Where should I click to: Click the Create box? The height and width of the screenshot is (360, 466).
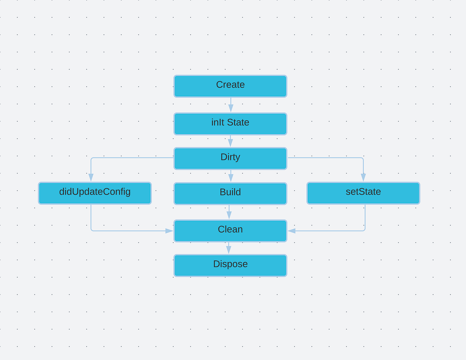(x=230, y=86)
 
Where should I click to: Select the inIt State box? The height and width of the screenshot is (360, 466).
(x=230, y=124)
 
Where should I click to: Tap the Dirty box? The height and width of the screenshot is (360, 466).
(x=230, y=158)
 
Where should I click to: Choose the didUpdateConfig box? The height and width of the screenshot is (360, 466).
(x=95, y=193)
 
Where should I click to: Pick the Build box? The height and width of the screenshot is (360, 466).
(x=230, y=193)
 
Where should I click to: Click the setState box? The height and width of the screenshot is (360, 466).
(x=363, y=193)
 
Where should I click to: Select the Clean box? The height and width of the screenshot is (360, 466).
(x=230, y=231)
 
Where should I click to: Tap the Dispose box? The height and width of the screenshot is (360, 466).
(x=230, y=265)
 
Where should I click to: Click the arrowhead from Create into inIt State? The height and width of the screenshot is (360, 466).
(x=231, y=108)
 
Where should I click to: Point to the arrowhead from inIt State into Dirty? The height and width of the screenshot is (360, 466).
(x=230, y=143)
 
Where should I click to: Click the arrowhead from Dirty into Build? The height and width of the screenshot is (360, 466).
(x=231, y=177)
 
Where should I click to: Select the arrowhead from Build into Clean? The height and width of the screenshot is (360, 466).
(x=229, y=215)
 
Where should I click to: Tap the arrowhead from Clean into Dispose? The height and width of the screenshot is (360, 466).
(x=229, y=249)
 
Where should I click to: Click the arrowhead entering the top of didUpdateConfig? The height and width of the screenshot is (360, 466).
(x=91, y=177)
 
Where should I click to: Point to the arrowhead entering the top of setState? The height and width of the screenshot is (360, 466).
(x=363, y=177)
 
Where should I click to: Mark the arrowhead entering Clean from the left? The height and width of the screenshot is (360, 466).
(x=169, y=231)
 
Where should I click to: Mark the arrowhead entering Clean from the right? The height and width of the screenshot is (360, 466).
(x=292, y=231)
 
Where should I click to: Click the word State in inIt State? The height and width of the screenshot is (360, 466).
(x=238, y=122)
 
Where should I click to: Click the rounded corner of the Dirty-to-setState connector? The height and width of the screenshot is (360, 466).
(x=363, y=158)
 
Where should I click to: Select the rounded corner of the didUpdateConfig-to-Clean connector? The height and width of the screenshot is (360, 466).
(x=92, y=230)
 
